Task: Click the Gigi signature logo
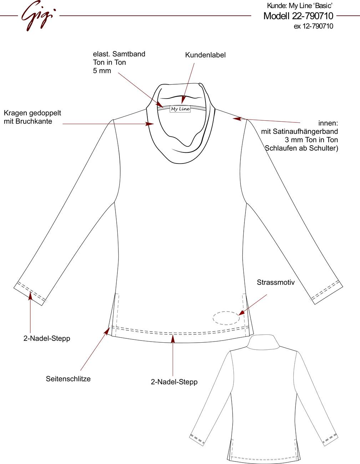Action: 39,16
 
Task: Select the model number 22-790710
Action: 313,16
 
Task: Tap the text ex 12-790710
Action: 313,26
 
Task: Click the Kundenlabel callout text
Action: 205,55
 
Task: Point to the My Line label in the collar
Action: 180,109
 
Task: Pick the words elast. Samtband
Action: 119,54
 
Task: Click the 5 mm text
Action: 102,71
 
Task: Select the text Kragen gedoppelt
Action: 32,113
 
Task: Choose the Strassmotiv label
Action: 276,282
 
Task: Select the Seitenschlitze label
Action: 68,379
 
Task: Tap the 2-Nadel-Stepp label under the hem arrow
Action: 174,382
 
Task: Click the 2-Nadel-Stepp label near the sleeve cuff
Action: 47,338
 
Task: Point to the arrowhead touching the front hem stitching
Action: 173,339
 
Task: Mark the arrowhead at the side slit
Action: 107,331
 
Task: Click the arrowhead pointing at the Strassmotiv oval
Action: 241,313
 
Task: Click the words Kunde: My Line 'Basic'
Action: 300,6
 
